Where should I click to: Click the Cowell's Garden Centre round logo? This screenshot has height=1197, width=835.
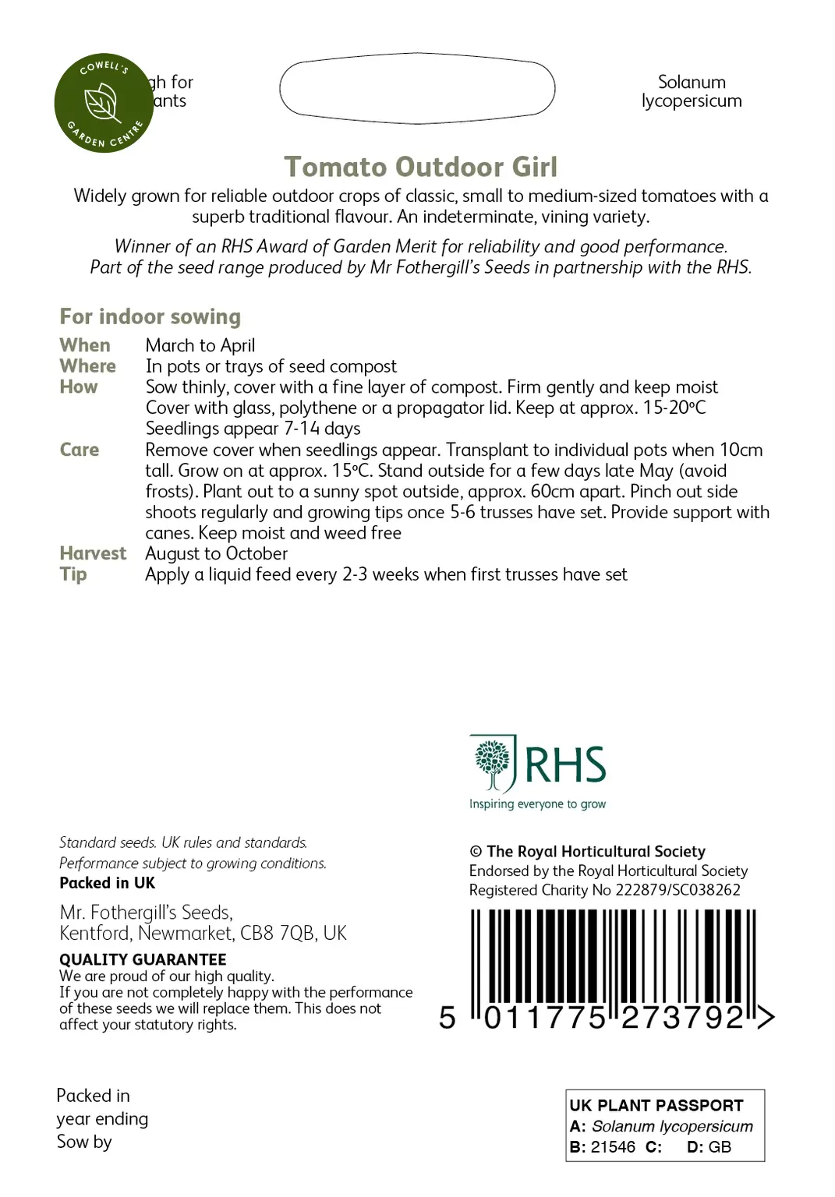click(104, 103)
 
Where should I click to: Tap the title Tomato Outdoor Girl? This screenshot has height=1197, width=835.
click(420, 167)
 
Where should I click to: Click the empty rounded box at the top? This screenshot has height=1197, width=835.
click(417, 88)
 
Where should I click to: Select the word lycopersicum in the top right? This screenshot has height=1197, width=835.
click(692, 101)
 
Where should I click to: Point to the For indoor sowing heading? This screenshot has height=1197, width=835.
click(150, 316)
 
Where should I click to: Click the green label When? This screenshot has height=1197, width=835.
click(85, 345)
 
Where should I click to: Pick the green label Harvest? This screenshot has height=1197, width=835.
click(93, 553)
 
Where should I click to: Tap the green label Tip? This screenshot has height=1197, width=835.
click(73, 574)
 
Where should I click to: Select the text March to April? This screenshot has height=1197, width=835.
click(200, 345)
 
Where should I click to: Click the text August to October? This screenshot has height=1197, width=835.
click(216, 553)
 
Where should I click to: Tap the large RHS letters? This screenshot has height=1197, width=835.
click(565, 764)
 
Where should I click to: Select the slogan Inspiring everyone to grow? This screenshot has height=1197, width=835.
click(537, 804)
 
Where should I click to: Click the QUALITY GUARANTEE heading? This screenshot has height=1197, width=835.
click(143, 959)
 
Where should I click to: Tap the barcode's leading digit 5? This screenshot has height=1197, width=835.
click(447, 1018)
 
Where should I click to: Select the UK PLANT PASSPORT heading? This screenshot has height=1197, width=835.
click(656, 1105)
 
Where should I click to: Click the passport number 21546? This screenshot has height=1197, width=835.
click(613, 1147)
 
